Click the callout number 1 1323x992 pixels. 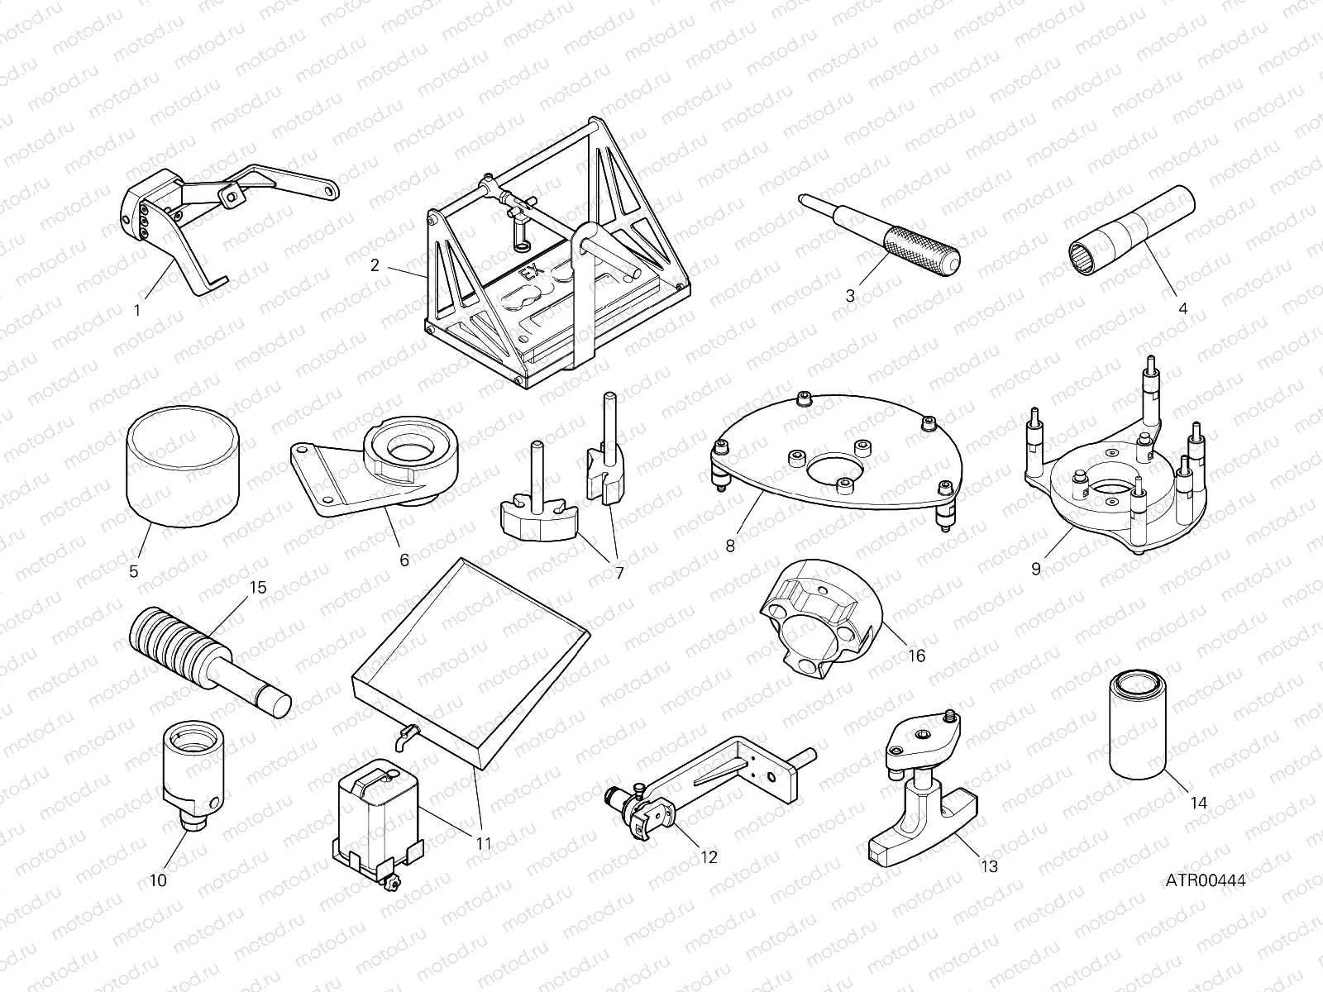click(x=137, y=312)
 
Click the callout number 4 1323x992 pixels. click(x=1182, y=308)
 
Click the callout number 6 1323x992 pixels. click(x=404, y=560)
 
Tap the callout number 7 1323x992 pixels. click(x=619, y=571)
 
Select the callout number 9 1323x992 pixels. click(x=1036, y=569)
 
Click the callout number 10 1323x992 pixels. click(x=157, y=880)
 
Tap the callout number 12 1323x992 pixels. click(x=709, y=857)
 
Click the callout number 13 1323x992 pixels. click(x=989, y=866)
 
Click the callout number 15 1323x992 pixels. click(x=258, y=587)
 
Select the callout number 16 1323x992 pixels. click(x=916, y=656)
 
